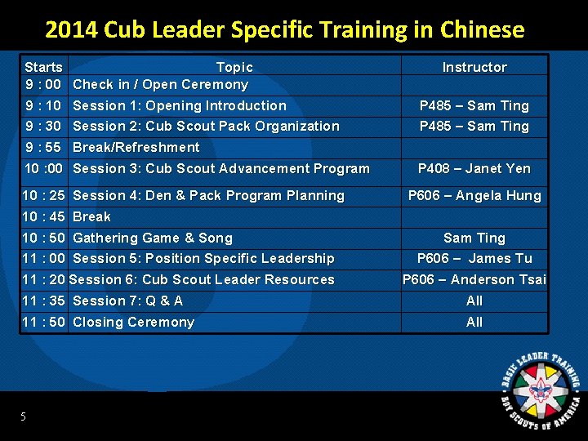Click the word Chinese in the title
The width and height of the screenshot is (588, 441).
(x=482, y=30)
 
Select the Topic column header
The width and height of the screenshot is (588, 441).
(x=234, y=67)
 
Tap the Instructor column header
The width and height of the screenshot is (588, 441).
(x=474, y=67)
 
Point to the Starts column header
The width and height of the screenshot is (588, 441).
(x=43, y=67)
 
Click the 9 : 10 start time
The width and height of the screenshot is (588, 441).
(x=43, y=105)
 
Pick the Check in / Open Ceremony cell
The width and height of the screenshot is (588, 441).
(x=160, y=84)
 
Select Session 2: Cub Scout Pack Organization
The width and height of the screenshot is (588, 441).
(x=206, y=126)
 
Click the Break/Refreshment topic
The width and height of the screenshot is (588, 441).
(x=136, y=147)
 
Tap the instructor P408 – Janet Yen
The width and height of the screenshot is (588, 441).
(x=474, y=168)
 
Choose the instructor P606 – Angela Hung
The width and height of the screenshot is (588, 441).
(x=474, y=195)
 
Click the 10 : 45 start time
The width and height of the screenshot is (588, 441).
(x=43, y=216)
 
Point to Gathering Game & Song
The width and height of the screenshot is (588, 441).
(x=153, y=238)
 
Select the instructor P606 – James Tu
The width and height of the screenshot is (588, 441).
(x=474, y=258)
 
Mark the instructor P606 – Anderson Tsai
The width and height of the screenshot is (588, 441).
(x=474, y=279)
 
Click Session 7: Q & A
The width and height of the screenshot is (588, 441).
(x=127, y=301)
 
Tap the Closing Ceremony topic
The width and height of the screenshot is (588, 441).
(x=133, y=322)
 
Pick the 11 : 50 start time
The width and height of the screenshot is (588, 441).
(x=43, y=322)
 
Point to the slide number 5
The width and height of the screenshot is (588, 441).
(x=24, y=417)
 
